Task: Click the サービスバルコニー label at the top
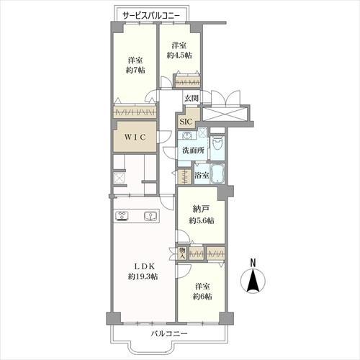151,16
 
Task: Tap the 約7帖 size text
135,70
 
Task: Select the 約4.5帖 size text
179,55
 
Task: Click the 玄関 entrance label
192,98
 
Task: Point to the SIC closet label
186,122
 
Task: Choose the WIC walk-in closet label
135,138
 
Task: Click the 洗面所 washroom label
194,150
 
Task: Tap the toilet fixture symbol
217,143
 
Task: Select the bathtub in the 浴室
217,174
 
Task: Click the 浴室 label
202,175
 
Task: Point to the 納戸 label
201,210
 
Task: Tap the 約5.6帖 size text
202,220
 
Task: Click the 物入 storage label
183,253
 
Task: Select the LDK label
144,266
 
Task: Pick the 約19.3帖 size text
143,276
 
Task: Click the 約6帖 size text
202,297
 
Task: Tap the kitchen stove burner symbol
122,216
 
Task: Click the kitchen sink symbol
150,216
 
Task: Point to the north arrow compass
253,281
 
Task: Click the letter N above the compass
253,263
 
